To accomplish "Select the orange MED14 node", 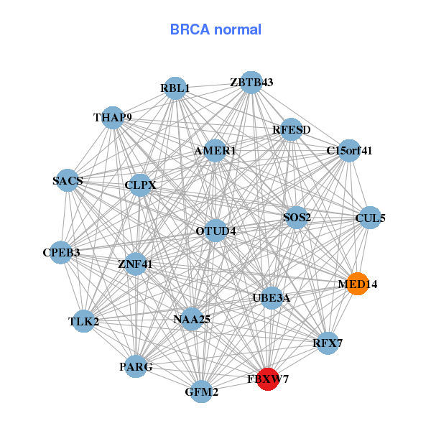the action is [x=357, y=284].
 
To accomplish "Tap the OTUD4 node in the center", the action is [x=215, y=231].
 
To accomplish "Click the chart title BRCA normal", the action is [x=215, y=29].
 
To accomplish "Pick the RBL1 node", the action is [x=175, y=88].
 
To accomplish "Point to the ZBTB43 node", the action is [x=251, y=82].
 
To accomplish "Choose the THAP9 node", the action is [x=113, y=117].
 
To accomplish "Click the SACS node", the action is [x=68, y=181].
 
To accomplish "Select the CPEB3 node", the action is [x=61, y=252].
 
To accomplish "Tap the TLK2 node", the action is [x=83, y=321].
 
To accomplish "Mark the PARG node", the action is [x=136, y=366].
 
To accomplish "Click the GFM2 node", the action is [x=202, y=391].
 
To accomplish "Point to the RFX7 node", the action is [x=327, y=343].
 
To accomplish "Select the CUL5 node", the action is [x=369, y=218].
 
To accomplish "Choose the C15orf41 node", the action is [x=349, y=151].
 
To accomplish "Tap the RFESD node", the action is [x=291, y=129].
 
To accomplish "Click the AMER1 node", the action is [x=215, y=151].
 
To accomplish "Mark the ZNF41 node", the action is [x=135, y=264].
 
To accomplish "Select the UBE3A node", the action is [x=271, y=297].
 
